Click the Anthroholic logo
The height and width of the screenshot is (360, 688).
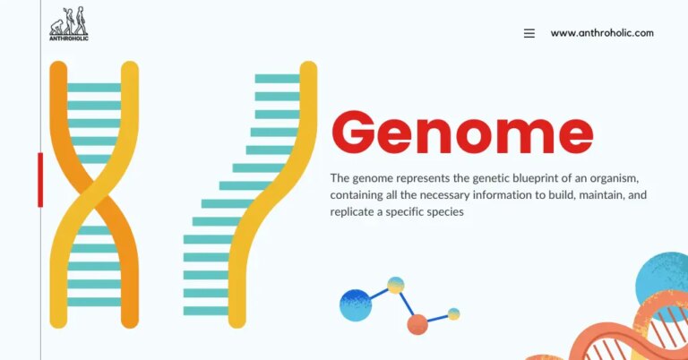coord(68,24)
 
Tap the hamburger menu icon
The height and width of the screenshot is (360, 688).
coord(529,33)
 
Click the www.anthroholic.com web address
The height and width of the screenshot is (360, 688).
coord(602,33)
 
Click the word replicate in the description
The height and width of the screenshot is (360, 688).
coord(356,212)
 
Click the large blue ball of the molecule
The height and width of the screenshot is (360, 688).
coord(356,305)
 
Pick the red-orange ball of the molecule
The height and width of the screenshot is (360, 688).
coord(417,324)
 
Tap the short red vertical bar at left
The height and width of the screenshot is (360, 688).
coord(40,179)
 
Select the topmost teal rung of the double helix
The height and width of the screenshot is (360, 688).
coord(94,87)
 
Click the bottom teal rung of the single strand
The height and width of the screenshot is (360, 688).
coord(206,311)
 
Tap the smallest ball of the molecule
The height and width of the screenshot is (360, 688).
coord(454,313)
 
